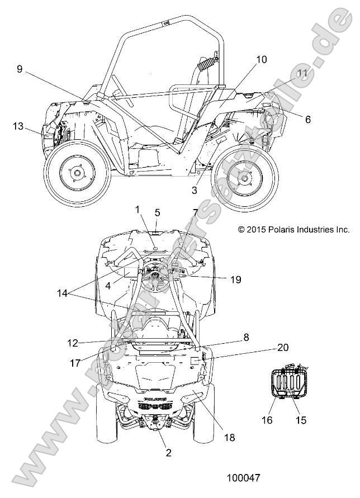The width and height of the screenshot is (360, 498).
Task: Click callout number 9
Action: [x=20, y=69]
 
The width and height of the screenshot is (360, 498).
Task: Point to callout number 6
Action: [x=307, y=119]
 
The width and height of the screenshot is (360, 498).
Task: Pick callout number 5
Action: [x=157, y=212]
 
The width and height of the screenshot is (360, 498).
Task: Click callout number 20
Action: [x=283, y=347]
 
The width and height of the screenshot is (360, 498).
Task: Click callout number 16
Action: [x=268, y=419]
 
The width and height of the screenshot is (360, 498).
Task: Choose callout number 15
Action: [x=301, y=419]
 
